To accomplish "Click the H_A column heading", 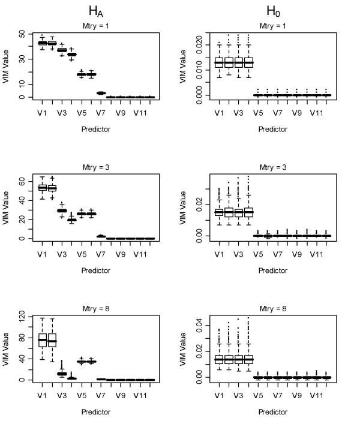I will coord(96,11).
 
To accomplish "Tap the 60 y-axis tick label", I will coord(23,181).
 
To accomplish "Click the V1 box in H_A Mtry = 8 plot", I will coord(43,340).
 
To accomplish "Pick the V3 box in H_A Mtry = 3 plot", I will coord(62,211).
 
